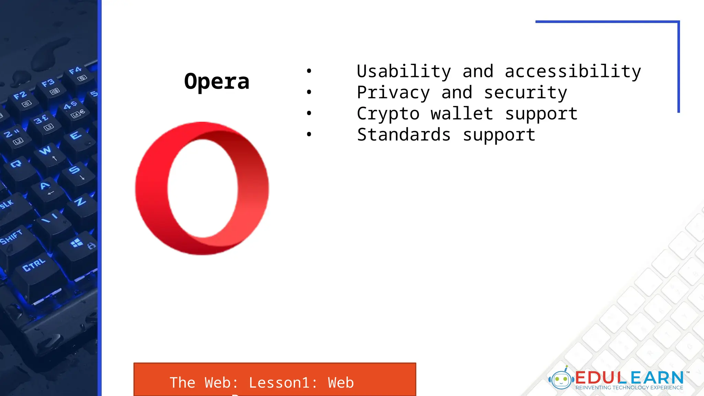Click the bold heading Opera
tap(217, 81)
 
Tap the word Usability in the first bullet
tap(404, 71)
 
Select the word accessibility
tap(573, 71)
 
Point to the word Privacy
tap(393, 92)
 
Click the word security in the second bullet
tap(525, 92)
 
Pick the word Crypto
tap(388, 114)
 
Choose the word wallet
tap(462, 113)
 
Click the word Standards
tap(404, 134)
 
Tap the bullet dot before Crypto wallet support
tap(309, 113)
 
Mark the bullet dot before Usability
tap(309, 71)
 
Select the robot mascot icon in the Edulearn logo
tap(561, 379)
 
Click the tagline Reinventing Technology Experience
tap(629, 388)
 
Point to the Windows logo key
tap(77, 243)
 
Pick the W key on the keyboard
tap(45, 151)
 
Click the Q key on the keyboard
tap(16, 164)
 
